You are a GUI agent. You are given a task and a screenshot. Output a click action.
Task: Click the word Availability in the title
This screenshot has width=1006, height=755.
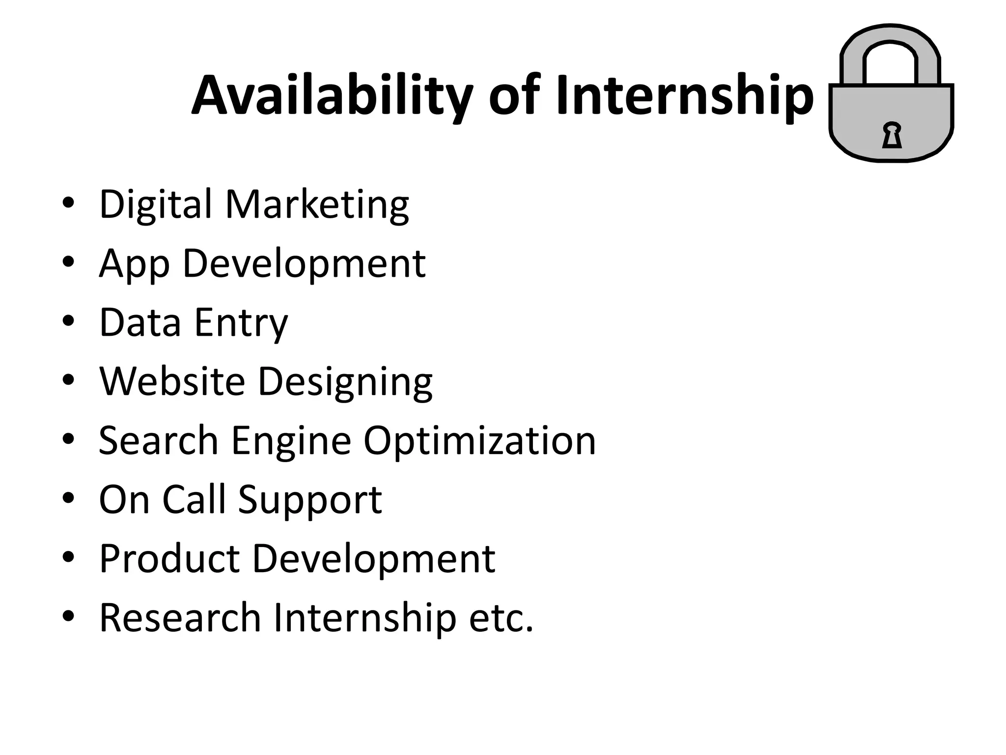tap(332, 96)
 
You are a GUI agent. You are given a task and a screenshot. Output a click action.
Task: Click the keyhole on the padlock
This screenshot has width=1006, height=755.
tap(892, 136)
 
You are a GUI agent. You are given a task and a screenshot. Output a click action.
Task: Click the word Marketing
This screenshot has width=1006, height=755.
tap(317, 204)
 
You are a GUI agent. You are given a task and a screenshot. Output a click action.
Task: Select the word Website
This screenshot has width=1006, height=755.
tap(172, 381)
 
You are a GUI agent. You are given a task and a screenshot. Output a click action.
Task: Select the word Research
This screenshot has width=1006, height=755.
tap(180, 617)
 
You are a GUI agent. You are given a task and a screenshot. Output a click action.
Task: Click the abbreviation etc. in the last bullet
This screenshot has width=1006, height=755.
tap(501, 618)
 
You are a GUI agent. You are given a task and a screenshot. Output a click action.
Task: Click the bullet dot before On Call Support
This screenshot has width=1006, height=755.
tap(68, 497)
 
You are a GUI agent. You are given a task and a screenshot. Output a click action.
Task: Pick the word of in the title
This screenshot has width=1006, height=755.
tap(514, 96)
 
